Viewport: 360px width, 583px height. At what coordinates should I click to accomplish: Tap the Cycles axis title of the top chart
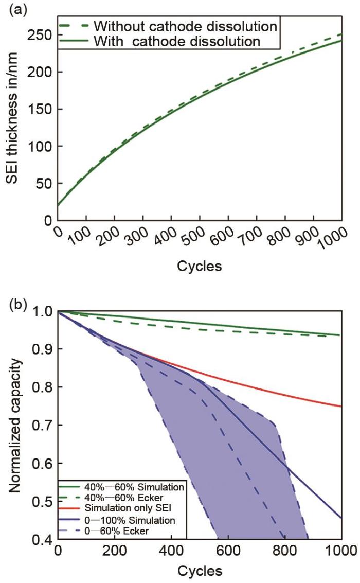click(x=200, y=266)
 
